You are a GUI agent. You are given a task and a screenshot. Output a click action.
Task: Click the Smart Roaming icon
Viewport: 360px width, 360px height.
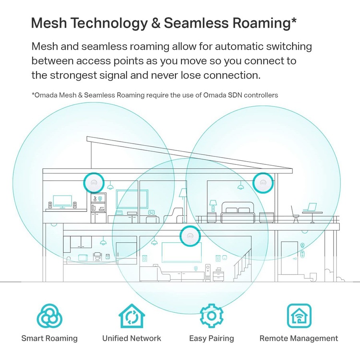[x=50, y=316]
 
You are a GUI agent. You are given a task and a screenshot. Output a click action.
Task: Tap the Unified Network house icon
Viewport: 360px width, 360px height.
[x=132, y=316]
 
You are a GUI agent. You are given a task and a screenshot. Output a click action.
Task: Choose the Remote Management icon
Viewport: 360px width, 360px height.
[x=299, y=316]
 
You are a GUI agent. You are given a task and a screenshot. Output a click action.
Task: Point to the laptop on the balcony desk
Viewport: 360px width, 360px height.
[x=309, y=208]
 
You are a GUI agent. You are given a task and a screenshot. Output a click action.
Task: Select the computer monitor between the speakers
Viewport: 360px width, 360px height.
[x=62, y=202]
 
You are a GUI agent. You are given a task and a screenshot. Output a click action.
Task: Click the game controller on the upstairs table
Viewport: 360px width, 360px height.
[x=152, y=212]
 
